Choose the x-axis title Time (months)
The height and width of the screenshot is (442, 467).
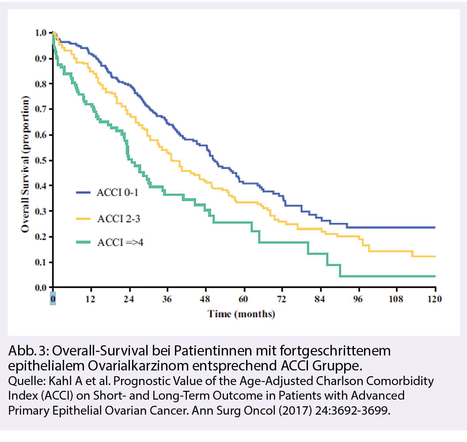242,314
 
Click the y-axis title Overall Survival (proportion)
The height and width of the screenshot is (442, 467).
26,160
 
